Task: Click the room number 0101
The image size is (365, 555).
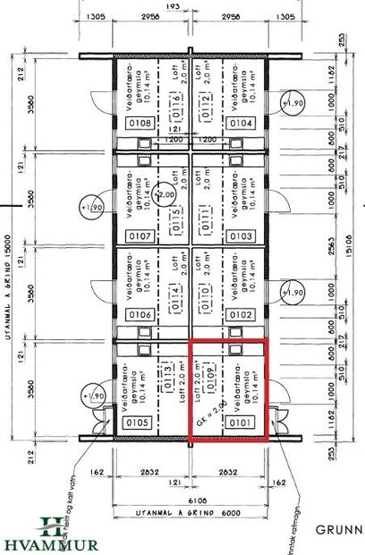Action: coord(240,422)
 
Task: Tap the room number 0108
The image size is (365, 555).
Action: coord(140,123)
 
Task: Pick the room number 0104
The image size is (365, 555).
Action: coord(240,123)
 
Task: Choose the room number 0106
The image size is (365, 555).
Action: coord(140,315)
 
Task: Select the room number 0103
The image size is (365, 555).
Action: coord(240,236)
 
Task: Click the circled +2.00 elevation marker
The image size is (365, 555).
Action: coord(166,194)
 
